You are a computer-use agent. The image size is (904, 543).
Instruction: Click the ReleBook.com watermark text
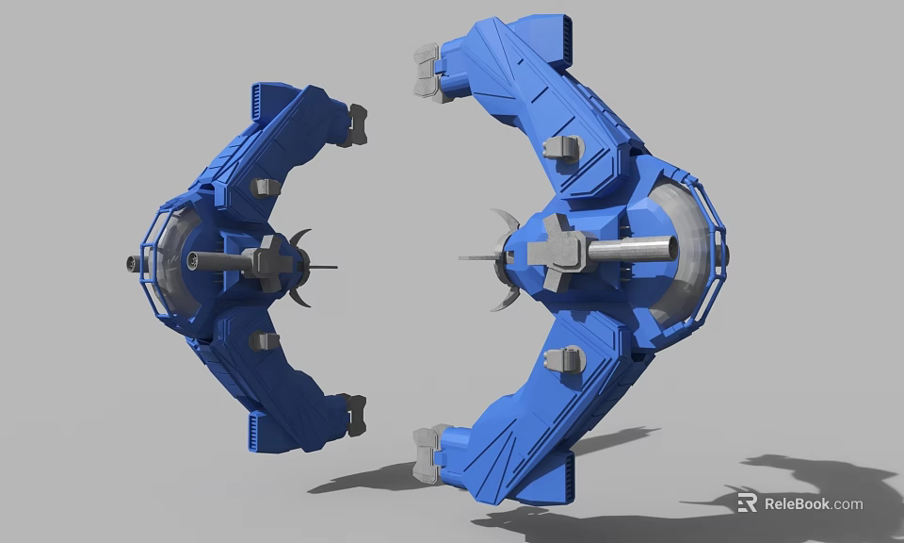(x=813, y=503)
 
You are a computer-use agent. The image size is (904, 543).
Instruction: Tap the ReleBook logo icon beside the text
(x=747, y=503)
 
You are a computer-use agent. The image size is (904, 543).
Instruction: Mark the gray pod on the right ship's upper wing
(x=564, y=147)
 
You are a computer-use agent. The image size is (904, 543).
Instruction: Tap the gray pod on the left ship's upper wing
(x=266, y=187)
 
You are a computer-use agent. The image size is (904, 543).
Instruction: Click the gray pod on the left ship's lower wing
(x=265, y=340)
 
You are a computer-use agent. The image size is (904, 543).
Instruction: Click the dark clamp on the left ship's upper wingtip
(x=355, y=124)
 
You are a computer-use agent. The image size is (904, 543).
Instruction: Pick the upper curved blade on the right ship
(x=504, y=222)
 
